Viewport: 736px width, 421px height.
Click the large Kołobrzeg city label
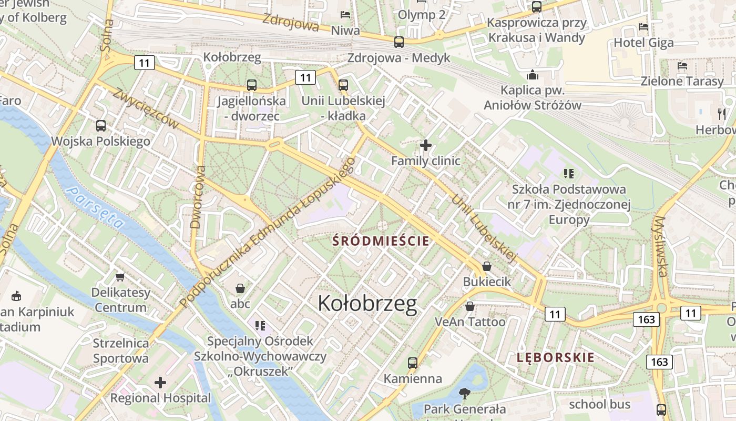tap(367, 304)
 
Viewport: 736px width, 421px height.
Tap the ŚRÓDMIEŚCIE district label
tap(381, 242)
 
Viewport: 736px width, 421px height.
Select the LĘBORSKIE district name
tap(555, 358)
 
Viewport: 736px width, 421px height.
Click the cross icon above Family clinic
tap(426, 145)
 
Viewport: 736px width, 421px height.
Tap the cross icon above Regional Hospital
tap(160, 383)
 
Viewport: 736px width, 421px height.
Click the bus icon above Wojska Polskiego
tap(101, 126)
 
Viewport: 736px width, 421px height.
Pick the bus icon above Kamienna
tap(413, 363)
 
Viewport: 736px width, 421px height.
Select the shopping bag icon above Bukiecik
tap(487, 266)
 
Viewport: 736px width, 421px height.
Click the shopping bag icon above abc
tap(240, 288)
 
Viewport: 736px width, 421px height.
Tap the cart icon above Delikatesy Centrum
tap(120, 277)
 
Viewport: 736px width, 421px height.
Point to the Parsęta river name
tap(96, 208)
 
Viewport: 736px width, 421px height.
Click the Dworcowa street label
tap(196, 197)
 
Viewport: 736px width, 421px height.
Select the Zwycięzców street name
tap(146, 108)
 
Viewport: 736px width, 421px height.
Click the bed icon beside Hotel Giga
tap(643, 27)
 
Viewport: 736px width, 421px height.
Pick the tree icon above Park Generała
tap(464, 393)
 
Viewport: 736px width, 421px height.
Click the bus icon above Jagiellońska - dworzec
tap(252, 85)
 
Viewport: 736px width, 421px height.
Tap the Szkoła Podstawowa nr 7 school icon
tap(568, 173)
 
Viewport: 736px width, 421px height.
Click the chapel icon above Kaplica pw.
tap(533, 75)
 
